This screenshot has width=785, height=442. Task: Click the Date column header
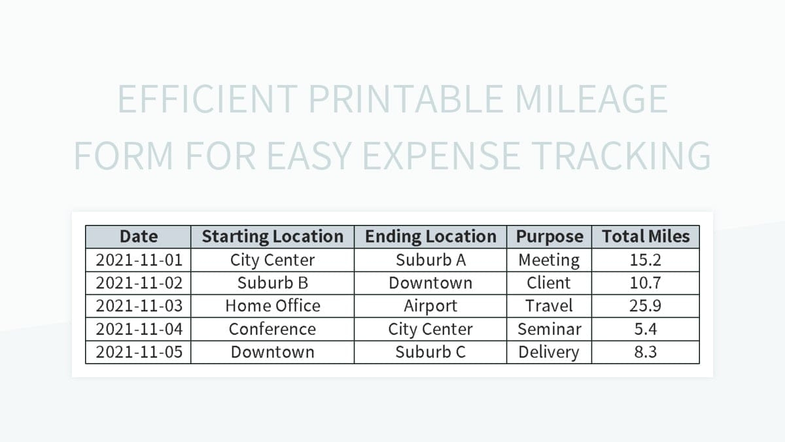click(x=139, y=237)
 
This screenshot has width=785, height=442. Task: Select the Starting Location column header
click(x=272, y=237)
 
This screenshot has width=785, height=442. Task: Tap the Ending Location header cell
click(x=430, y=237)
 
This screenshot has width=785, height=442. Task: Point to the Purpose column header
click(x=549, y=237)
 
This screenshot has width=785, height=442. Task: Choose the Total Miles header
click(x=646, y=237)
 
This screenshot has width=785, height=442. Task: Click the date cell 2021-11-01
click(x=139, y=260)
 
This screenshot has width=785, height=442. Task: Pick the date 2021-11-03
click(x=139, y=306)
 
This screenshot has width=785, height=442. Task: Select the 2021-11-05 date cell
click(x=139, y=352)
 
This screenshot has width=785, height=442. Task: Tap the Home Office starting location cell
click(x=272, y=306)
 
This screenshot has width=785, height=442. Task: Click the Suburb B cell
click(x=272, y=283)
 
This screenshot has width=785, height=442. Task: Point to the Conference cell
click(x=272, y=329)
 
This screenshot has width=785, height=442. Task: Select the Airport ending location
click(x=430, y=306)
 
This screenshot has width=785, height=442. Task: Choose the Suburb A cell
click(x=430, y=260)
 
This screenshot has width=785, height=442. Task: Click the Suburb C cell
click(x=430, y=352)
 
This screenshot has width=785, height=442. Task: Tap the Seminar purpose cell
click(x=549, y=329)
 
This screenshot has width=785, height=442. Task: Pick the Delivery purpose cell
click(x=549, y=352)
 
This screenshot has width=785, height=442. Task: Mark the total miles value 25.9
click(x=646, y=306)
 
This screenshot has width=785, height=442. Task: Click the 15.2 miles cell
click(x=646, y=260)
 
